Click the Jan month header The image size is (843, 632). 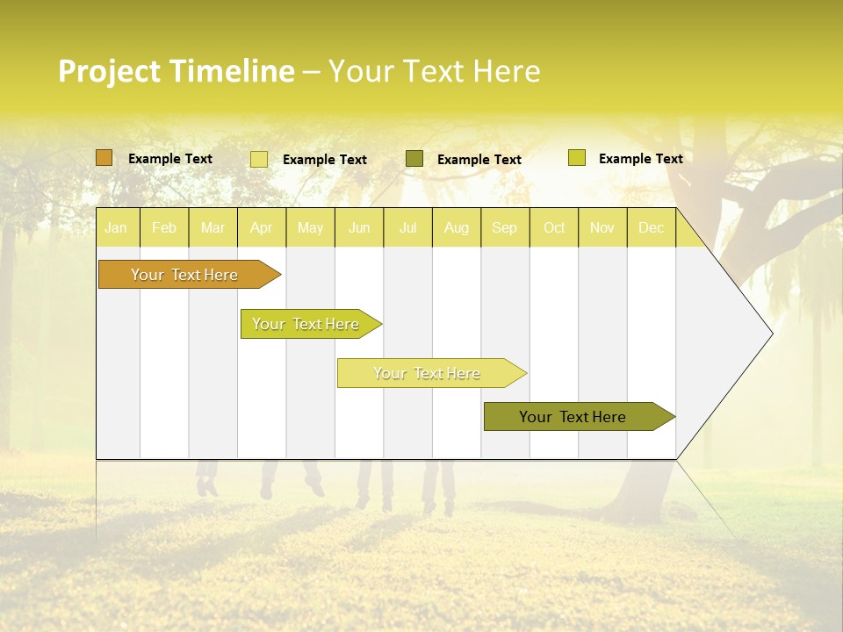[x=116, y=227]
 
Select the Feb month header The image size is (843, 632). [x=164, y=227]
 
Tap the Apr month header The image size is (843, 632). [x=262, y=227]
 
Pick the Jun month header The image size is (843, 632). [x=359, y=227]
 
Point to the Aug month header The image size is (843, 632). [x=457, y=227]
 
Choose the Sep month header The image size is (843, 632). [x=505, y=227]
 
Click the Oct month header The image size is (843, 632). [x=554, y=227]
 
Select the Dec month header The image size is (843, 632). [x=652, y=227]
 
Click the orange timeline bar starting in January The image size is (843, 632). [x=185, y=275]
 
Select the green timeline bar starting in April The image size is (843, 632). [x=306, y=324]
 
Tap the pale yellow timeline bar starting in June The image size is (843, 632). [x=428, y=373]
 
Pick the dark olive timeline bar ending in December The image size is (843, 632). [x=573, y=417]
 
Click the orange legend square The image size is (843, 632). [x=104, y=158]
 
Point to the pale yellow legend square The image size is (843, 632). [x=259, y=159]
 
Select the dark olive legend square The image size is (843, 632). [x=414, y=159]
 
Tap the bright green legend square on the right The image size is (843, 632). [x=577, y=158]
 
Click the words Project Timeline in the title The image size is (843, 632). [x=177, y=71]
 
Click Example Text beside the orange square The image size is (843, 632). [x=170, y=159]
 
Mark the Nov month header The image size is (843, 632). [x=602, y=227]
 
